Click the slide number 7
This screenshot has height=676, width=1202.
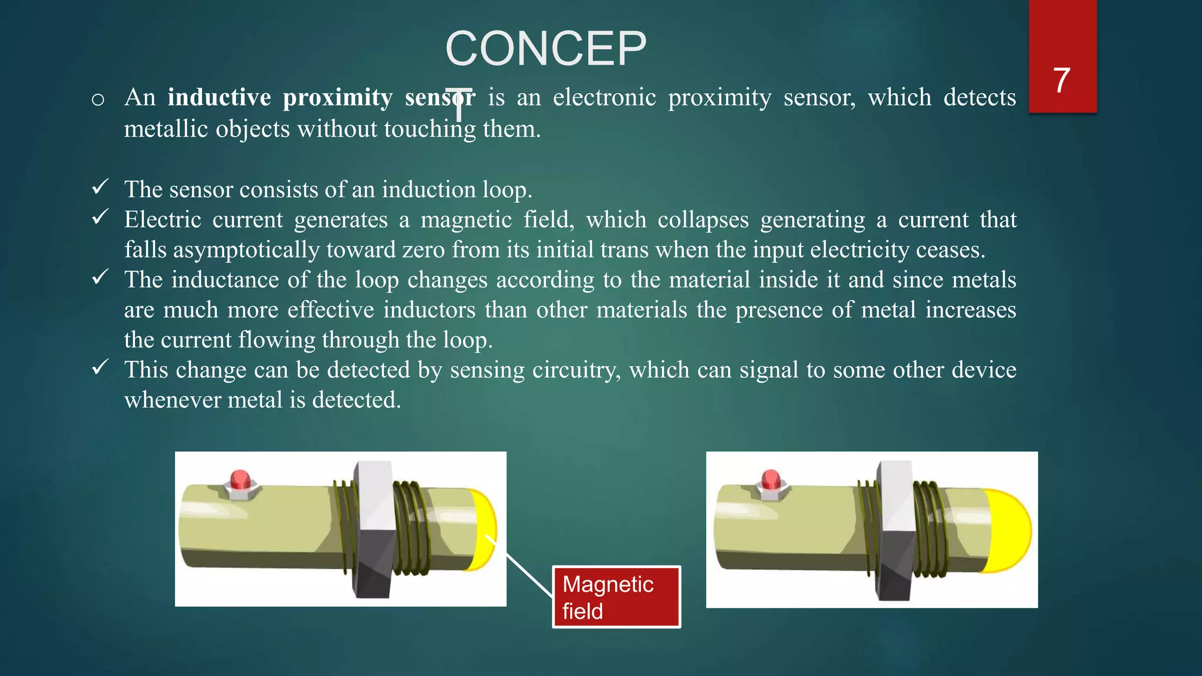click(1061, 80)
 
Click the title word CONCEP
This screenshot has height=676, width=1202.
click(546, 49)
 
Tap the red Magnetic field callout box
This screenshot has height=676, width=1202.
click(616, 597)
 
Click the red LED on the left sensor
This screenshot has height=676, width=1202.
click(239, 479)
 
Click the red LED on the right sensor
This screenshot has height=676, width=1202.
click(771, 479)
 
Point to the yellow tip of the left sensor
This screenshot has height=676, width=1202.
click(484, 528)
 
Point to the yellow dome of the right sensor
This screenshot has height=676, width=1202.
click(1008, 530)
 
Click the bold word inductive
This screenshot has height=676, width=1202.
click(219, 97)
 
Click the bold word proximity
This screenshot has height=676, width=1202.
click(337, 97)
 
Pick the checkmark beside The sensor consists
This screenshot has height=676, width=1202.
click(100, 187)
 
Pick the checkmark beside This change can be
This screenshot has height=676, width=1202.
click(100, 367)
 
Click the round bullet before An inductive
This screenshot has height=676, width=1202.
click(98, 99)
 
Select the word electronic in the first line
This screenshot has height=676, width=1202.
click(604, 97)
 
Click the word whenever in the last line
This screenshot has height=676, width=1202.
click(173, 400)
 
